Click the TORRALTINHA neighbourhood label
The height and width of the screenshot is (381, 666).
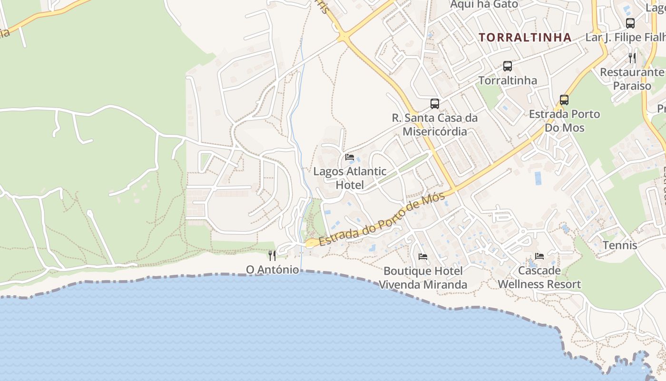(525, 37)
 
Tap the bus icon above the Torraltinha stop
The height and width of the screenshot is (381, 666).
(508, 66)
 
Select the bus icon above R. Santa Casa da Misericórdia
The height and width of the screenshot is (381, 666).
(434, 103)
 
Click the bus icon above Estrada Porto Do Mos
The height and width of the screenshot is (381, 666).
(564, 100)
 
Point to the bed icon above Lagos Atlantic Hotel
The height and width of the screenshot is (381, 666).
(350, 157)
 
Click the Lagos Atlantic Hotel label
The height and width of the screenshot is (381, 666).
(350, 178)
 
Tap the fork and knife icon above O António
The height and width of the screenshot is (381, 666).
(272, 256)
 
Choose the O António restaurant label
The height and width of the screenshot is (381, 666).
(273, 270)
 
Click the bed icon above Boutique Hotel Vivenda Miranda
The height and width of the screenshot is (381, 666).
(422, 257)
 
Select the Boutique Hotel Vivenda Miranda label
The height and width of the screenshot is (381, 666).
(423, 278)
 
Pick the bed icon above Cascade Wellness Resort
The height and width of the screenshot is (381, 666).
(539, 256)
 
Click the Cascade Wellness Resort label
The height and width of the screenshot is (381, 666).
(539, 278)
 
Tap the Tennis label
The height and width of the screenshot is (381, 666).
(620, 245)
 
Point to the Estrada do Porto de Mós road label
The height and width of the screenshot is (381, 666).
(382, 220)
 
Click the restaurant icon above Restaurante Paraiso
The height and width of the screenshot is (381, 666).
(632, 58)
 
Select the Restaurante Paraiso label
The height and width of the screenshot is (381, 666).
(632, 79)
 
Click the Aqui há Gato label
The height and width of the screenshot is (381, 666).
(484, 4)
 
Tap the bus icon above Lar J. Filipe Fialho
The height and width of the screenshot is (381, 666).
(630, 23)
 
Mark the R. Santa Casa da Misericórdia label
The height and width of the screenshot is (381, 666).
(434, 124)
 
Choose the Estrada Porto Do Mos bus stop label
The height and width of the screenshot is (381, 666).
(565, 121)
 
